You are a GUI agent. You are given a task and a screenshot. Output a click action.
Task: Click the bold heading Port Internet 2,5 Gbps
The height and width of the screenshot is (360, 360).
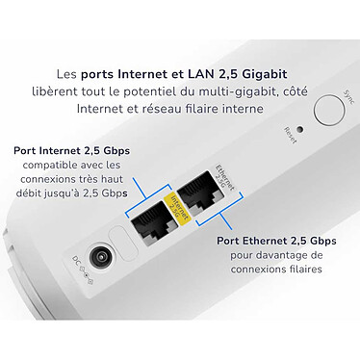coord(73,150)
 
